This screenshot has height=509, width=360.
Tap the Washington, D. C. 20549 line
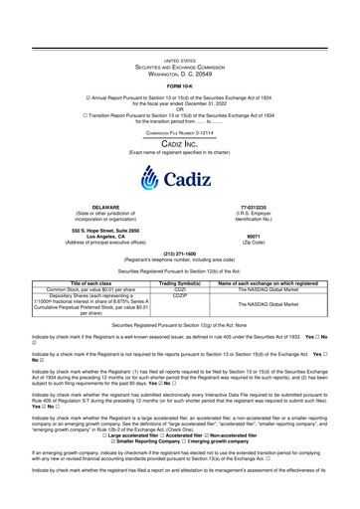pos(180,46)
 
